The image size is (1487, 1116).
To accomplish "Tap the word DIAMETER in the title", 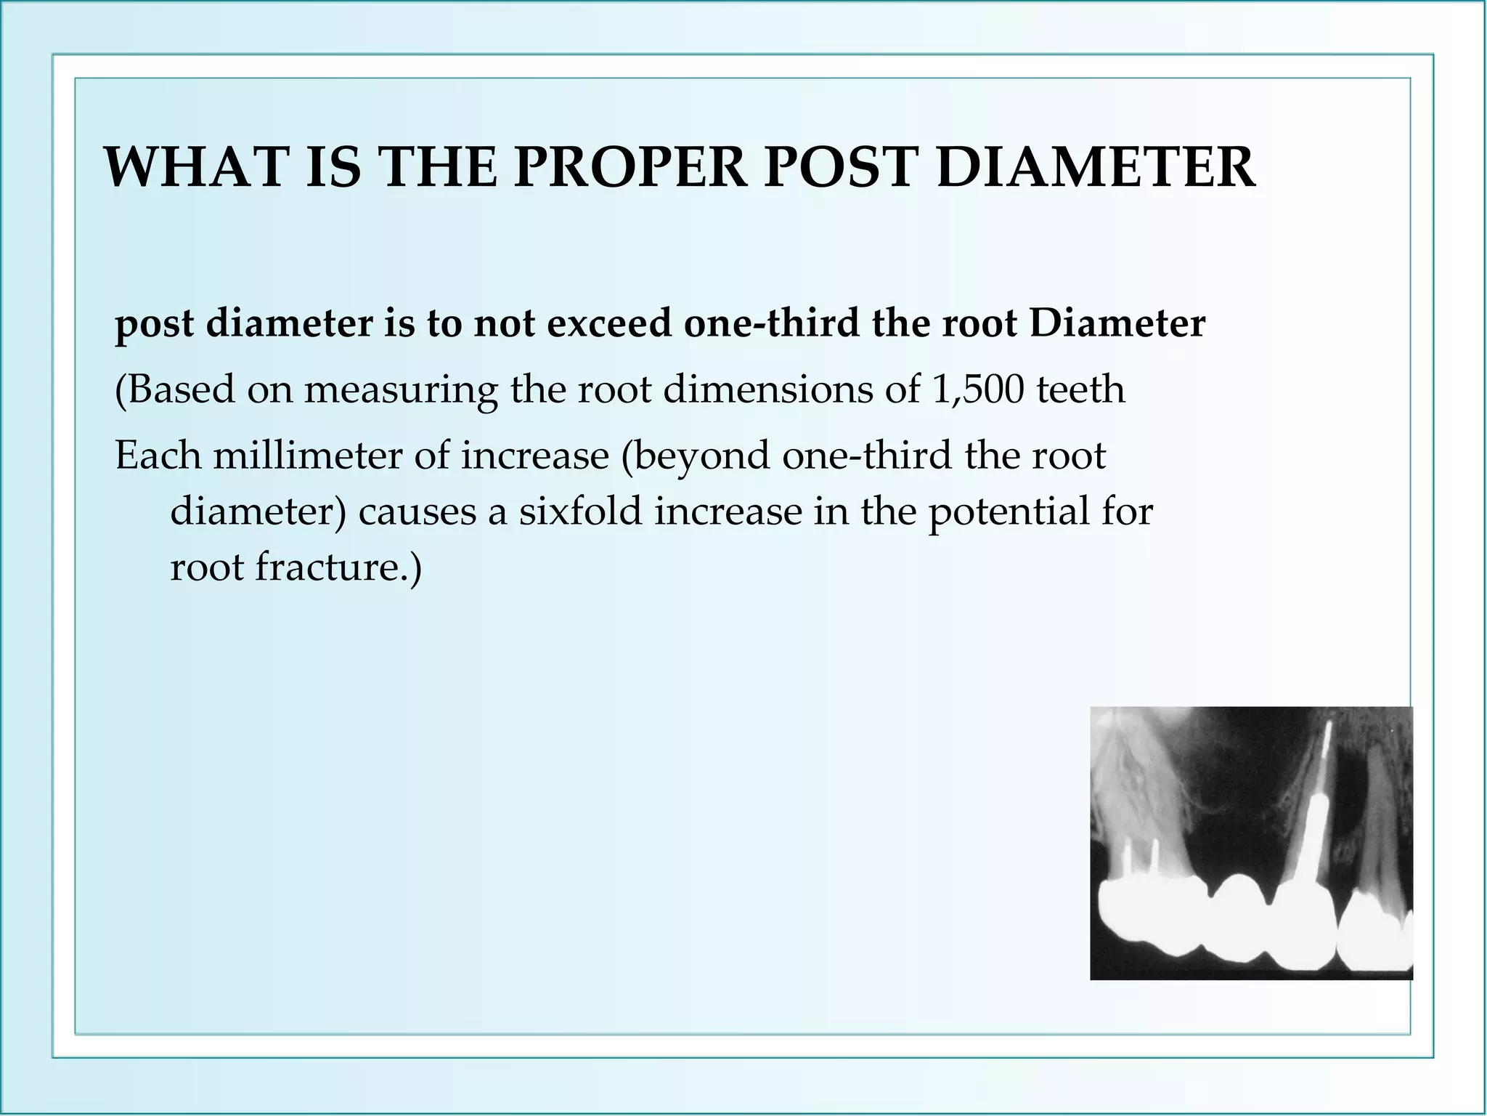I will click(1096, 168).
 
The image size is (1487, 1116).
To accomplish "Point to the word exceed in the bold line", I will click(609, 323).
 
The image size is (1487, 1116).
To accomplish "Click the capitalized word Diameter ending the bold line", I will click(1117, 323).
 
